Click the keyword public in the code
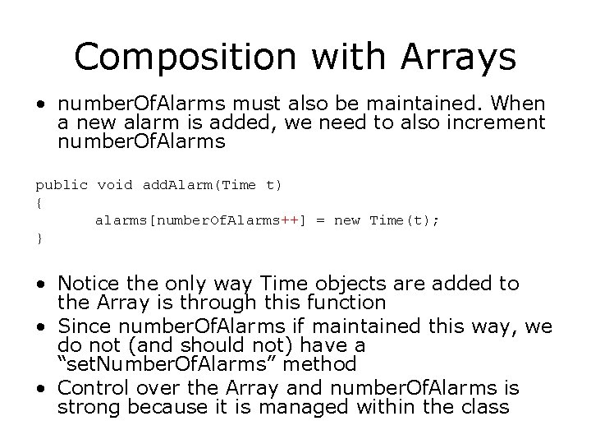pos(62,185)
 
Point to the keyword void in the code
pos(115,185)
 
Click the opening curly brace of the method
pos(39,202)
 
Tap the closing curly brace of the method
pos(39,238)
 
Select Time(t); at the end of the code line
pos(408,220)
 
